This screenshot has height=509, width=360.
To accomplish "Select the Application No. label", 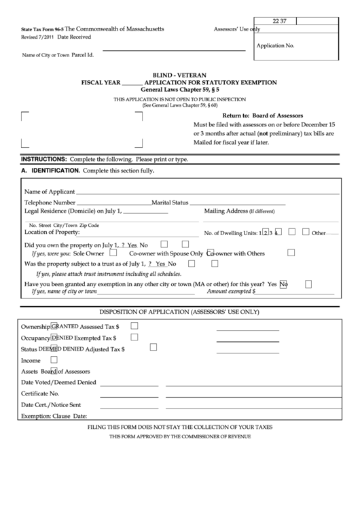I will pyautogui.click(x=275, y=46).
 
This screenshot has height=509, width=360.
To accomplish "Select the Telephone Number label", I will pyautogui.click(x=50, y=203).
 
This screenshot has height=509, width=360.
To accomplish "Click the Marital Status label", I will pyautogui.click(x=170, y=203).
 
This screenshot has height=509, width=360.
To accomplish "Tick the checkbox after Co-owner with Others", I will pyautogui.click(x=291, y=253).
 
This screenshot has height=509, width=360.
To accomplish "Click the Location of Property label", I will pyautogui.click(x=52, y=232).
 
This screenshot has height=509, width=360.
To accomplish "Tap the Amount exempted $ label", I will pyautogui.click(x=231, y=291).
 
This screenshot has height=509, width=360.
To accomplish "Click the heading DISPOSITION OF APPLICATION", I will pyautogui.click(x=179, y=312).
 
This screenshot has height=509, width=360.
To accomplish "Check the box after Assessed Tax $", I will pyautogui.click(x=134, y=326).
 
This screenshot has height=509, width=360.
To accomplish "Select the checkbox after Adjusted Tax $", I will pyautogui.click(x=153, y=348).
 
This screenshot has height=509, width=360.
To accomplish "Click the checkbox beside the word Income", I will pyautogui.click(x=54, y=359).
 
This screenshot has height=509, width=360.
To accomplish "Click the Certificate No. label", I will pyautogui.click(x=40, y=393).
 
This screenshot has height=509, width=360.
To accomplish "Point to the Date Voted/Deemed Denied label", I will pyautogui.click(x=58, y=382).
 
